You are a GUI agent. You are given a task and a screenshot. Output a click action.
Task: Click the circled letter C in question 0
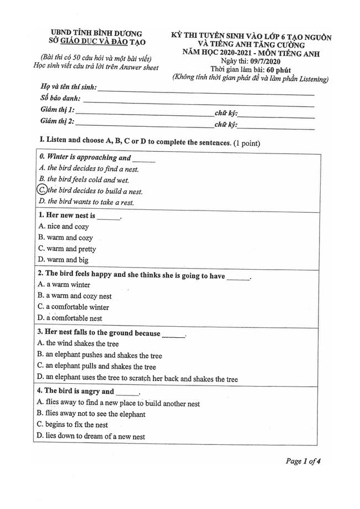coord(42,190)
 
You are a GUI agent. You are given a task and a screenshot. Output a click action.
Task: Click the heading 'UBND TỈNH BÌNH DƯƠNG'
coord(95,33)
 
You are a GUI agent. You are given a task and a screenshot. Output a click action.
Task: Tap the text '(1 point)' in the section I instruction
coord(246,143)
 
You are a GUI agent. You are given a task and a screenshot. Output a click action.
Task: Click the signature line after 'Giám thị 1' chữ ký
coord(276,115)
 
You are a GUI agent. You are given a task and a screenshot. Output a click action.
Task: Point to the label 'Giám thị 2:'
coord(58,121)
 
